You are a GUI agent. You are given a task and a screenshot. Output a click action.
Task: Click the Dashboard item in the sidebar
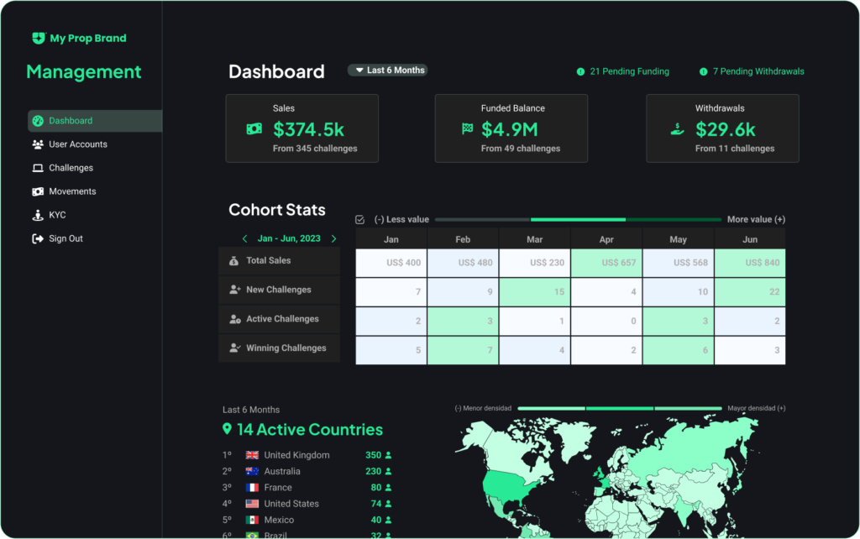coord(70,121)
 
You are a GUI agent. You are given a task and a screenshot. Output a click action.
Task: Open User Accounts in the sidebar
coord(77,144)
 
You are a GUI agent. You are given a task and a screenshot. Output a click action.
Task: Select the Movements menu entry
coord(72,191)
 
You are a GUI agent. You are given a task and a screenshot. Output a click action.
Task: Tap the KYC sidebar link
coord(57,215)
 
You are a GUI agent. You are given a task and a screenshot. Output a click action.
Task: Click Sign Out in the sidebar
coord(65,238)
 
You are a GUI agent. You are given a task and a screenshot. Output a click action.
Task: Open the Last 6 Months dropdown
coord(388,71)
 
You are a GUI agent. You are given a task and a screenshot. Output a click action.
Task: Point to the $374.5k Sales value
coord(308,129)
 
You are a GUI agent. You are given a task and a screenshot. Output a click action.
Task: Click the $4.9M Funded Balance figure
coord(509,129)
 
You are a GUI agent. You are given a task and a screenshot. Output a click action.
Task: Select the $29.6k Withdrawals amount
coord(726,129)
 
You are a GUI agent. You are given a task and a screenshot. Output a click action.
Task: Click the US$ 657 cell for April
coord(606,263)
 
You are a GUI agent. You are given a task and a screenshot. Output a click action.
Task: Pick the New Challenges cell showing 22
coord(750,292)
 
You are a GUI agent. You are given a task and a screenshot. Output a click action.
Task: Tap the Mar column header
coord(535,239)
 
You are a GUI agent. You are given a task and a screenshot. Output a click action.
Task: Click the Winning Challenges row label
coord(286,348)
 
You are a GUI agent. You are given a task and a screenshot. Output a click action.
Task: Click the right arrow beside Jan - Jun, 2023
coord(333,238)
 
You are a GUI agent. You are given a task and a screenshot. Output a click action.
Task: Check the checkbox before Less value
coord(360,219)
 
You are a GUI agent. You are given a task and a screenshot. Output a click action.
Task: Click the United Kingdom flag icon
coord(252,455)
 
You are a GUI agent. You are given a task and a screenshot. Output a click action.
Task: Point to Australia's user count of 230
coord(373,471)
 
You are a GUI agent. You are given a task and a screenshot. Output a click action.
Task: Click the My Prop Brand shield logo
coord(38,38)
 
